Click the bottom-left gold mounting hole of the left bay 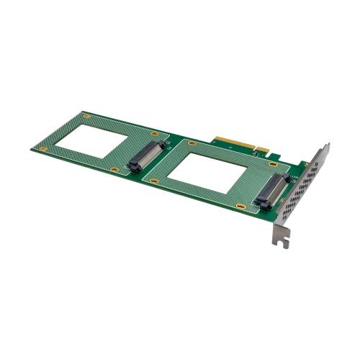42,149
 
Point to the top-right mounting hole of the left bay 154,134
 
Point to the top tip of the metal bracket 327,145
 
